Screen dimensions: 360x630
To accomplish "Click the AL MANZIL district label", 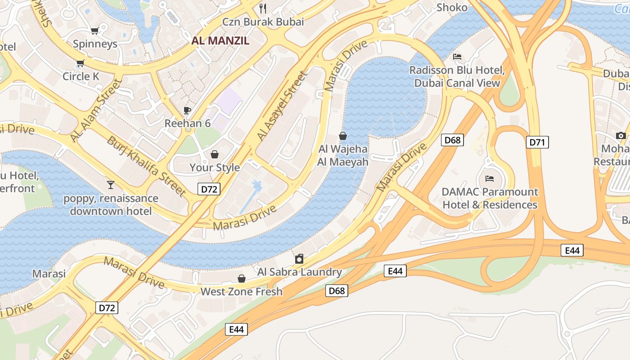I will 220,40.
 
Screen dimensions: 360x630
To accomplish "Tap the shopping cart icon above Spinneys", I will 94,31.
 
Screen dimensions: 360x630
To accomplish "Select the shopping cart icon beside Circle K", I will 81,63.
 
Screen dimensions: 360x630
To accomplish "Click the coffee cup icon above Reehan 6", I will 187,110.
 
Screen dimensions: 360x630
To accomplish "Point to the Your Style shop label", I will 214,167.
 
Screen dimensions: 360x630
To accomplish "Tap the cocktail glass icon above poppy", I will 111,184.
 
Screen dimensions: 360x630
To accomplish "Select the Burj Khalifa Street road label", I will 146,166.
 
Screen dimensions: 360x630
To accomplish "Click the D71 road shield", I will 537,143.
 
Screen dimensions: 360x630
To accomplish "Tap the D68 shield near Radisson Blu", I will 452,140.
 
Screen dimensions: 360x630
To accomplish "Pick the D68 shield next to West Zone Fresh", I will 337,291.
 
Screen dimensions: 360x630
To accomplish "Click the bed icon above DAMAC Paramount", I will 490,179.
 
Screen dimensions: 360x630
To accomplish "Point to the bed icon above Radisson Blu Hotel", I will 457,57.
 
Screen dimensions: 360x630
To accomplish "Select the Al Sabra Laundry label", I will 299,272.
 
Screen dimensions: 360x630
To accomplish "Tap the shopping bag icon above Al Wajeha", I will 343,136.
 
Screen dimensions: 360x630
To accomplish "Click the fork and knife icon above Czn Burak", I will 263,8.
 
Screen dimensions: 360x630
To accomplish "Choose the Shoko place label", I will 452,8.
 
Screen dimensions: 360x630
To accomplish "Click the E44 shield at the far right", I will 572,251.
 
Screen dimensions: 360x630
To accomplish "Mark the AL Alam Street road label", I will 96,110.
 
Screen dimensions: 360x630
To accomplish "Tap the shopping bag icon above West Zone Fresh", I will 242,279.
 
